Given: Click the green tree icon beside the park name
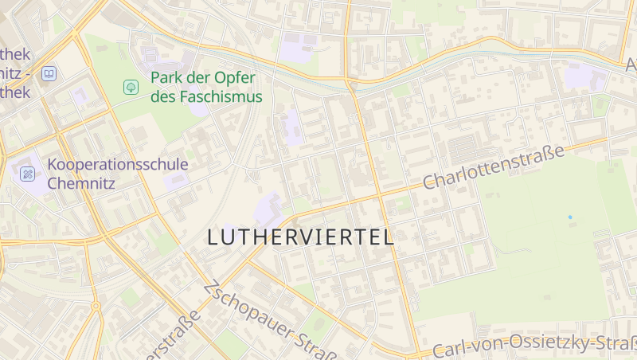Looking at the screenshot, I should tap(130, 87).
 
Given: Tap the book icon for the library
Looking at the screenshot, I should tap(49, 73).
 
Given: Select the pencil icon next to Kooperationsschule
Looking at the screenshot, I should tap(28, 173).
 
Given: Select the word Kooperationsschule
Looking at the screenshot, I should tap(118, 164).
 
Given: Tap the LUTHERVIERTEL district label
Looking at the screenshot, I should tap(300, 237).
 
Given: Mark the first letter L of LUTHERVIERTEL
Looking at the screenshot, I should tap(213, 237).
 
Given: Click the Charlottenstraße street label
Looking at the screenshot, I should tap(493, 166).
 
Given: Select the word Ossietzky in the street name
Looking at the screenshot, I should tap(557, 345).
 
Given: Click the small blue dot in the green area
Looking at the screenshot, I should tap(570, 217).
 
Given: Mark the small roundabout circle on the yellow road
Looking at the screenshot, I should tap(96, 306).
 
